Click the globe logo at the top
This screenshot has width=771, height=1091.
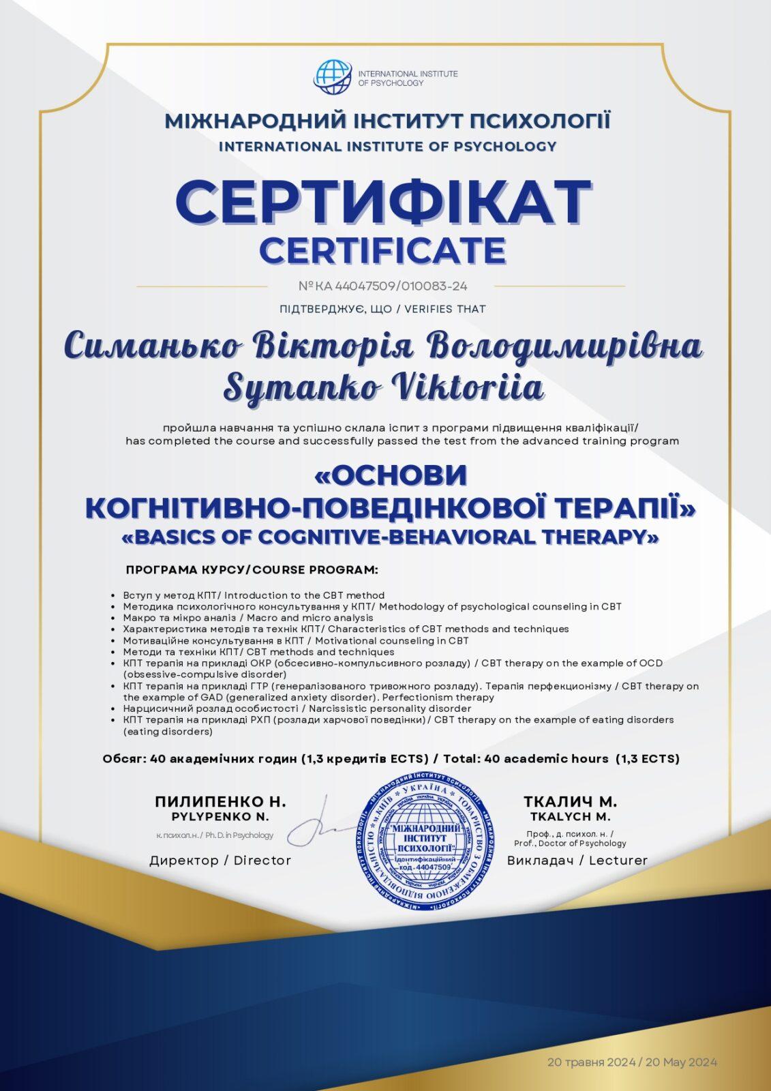[333, 78]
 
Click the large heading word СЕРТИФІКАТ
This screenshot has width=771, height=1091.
[384, 203]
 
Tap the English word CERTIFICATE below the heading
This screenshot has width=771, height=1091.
[382, 250]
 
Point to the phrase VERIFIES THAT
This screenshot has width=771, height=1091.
[444, 309]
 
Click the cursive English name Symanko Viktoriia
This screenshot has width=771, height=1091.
[384, 387]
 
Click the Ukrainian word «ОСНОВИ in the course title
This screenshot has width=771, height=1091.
[391, 475]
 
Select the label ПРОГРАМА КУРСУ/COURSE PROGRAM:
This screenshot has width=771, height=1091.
[252, 569]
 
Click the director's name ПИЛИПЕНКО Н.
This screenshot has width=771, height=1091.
[220, 801]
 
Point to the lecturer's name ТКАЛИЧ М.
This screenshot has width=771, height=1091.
[570, 801]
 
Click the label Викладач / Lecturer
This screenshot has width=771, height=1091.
[577, 861]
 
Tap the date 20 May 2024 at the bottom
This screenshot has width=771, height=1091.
[680, 1062]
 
